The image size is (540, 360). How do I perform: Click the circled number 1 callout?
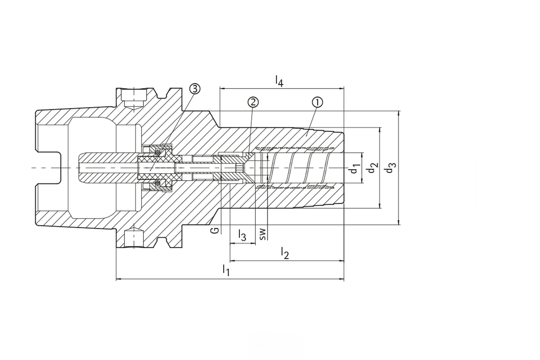pos(317,102)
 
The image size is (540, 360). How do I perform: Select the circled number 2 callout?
pos(253,102)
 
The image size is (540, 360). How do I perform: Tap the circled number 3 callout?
pos(194,89)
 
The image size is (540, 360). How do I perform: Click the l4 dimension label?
pos(279,80)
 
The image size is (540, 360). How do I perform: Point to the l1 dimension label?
pos(226,271)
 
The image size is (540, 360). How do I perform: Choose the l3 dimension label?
pos(242,235)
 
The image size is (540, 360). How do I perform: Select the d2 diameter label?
pos(371,168)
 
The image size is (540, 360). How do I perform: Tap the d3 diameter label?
pos(390,168)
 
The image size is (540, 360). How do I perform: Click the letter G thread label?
pos(215,230)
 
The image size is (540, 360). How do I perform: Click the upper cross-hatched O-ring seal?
pos(157,152)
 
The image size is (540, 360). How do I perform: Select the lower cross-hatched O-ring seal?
pos(157,183)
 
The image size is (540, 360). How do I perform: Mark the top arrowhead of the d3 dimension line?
pos(399,113)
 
